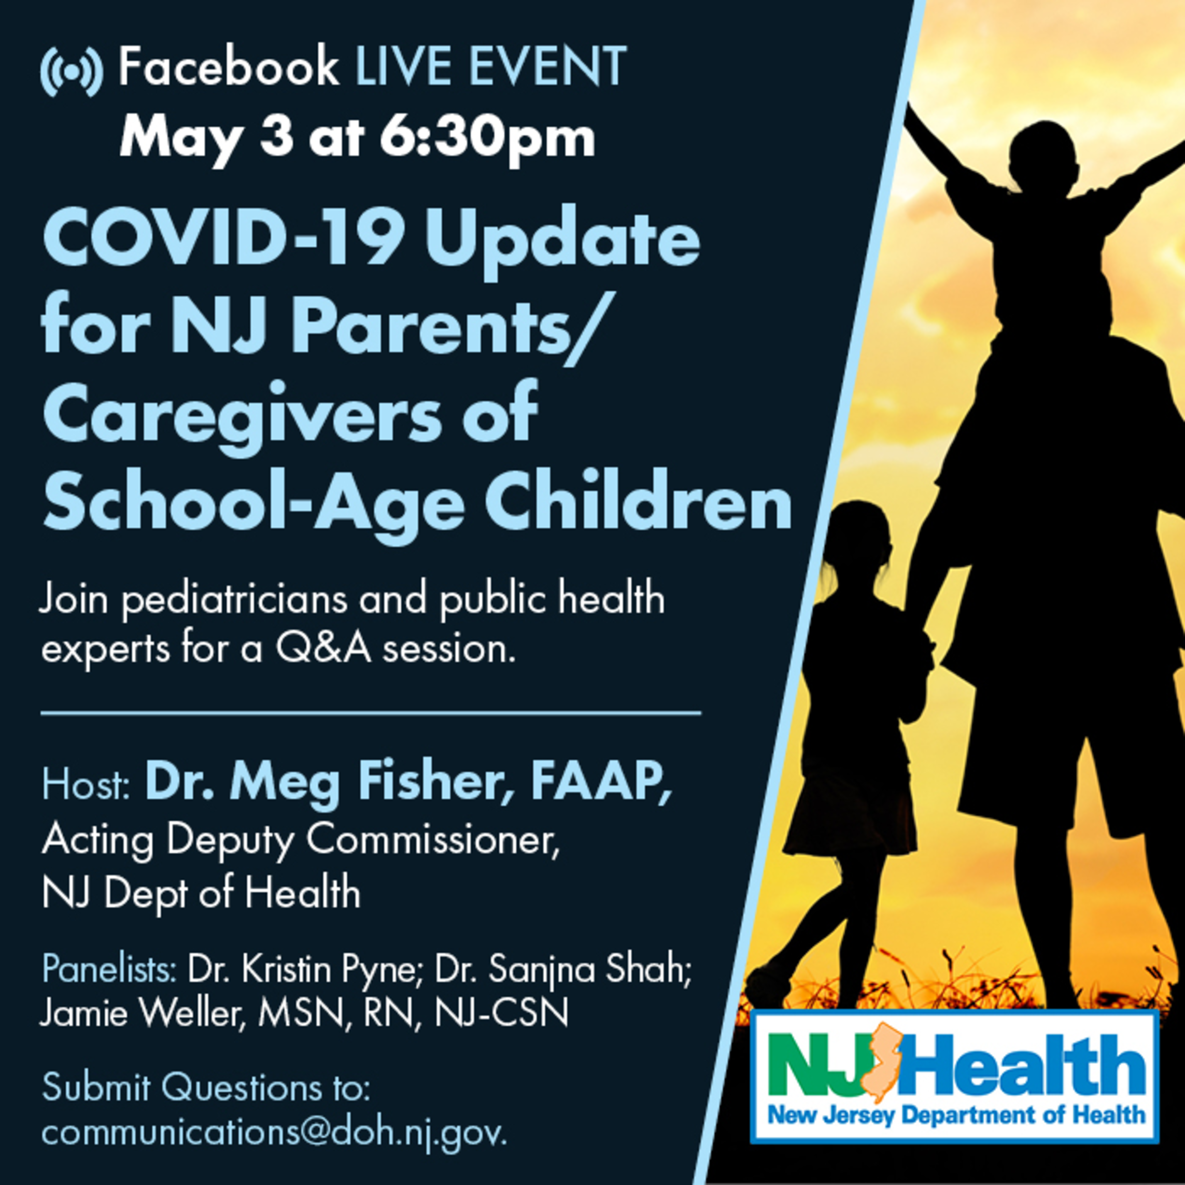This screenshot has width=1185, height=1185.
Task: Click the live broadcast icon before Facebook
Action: [71, 71]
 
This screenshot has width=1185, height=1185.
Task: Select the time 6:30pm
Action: [488, 138]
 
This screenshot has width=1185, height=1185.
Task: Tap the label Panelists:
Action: [109, 969]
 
